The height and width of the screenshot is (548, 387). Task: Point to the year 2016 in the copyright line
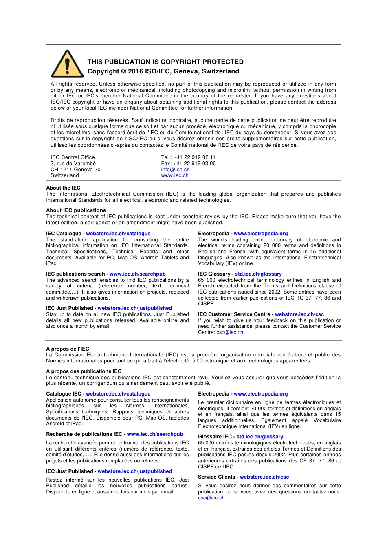[136, 71]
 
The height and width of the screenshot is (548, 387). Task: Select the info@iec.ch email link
[175, 170]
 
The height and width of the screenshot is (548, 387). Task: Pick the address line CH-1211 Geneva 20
[75, 170]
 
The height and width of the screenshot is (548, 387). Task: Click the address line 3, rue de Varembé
[73, 164]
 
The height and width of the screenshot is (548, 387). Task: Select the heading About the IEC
[63, 188]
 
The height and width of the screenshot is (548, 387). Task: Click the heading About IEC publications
[76, 210]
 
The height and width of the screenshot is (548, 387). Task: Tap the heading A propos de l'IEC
[68, 349]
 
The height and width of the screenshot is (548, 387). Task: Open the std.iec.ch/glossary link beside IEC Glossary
[258, 274]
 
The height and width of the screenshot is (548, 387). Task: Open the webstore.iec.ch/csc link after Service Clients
[264, 477]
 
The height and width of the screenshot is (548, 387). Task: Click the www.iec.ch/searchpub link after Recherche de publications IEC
[155, 434]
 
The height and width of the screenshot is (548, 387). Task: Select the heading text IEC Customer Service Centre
[234, 314]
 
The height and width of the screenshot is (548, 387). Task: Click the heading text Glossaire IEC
[215, 437]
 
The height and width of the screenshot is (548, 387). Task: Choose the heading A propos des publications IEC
[84, 371]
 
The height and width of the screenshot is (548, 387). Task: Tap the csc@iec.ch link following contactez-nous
[211, 498]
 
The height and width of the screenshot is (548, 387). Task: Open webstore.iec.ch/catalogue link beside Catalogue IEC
[118, 394]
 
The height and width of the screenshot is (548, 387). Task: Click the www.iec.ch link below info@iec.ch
[175, 175]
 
